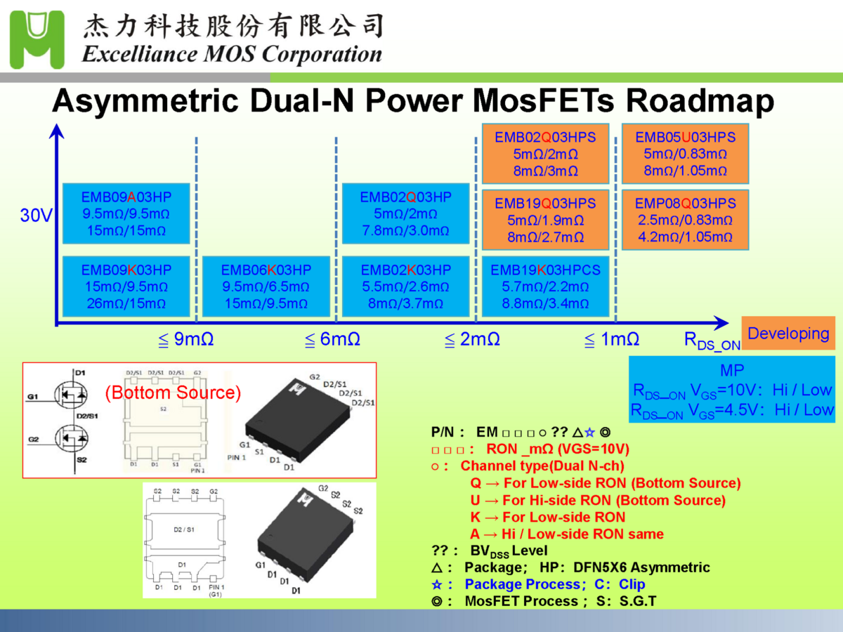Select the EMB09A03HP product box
pos(126,213)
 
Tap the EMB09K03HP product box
pos(126,287)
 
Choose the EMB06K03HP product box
pos(266,287)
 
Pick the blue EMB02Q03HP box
pos(405,213)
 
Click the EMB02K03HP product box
pos(405,287)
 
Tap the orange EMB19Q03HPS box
pos(545,220)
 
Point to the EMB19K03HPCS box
pos(545,287)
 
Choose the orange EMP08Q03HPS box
pos(685,220)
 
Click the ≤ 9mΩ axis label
pos(185,340)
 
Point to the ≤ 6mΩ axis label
pos(332,340)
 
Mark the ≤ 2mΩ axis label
pos(472,340)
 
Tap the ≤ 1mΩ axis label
pos(612,340)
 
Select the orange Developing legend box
pos(788,334)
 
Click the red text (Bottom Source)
pos(173,393)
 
